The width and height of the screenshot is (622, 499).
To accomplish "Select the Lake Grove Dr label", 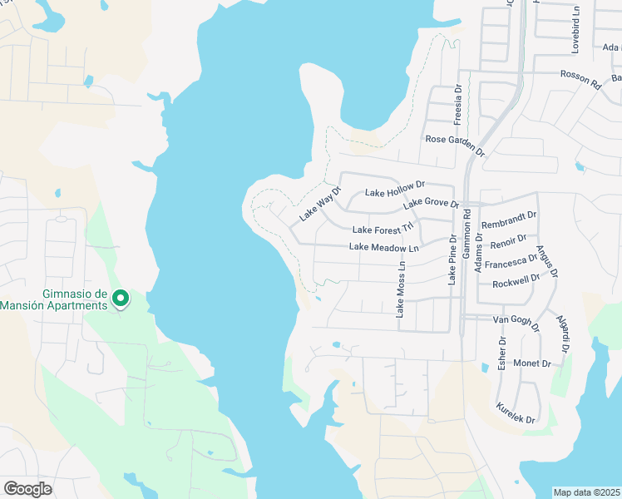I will (431, 204).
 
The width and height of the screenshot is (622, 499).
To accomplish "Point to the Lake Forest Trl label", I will (383, 229).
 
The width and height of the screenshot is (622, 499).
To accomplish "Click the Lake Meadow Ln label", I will (383, 247).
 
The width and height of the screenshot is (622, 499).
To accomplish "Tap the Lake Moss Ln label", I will (401, 290).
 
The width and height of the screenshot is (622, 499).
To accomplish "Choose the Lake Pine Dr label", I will (453, 260).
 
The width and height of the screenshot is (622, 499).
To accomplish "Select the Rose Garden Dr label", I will (454, 145).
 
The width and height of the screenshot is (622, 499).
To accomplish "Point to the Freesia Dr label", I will (457, 104).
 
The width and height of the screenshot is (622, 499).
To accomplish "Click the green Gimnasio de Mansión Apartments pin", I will (120, 297).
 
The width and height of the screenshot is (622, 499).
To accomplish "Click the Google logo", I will (27, 489).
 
